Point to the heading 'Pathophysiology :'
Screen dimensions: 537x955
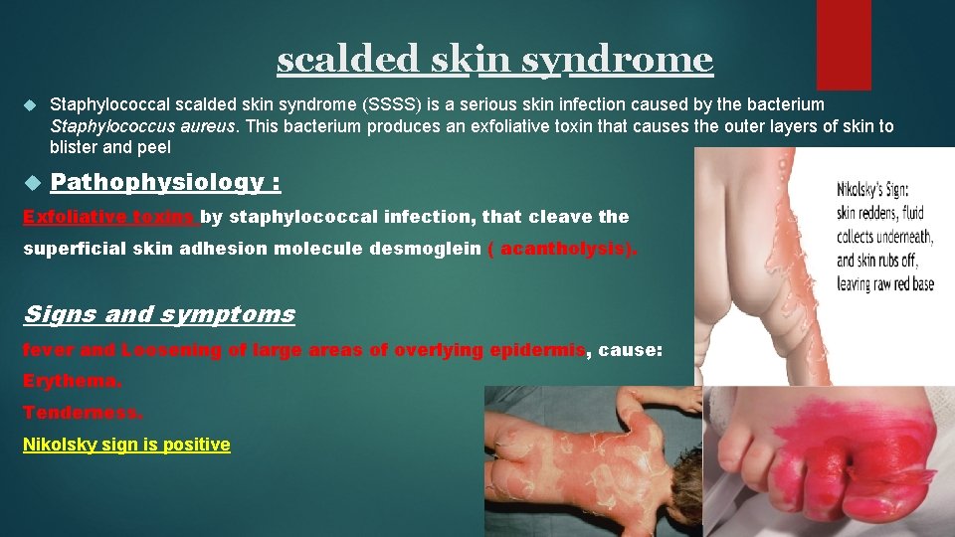click(x=165, y=182)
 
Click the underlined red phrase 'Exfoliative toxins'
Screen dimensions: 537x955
click(x=109, y=217)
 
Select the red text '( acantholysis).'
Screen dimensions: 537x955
click(x=563, y=249)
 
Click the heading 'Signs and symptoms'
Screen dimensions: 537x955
click(x=159, y=315)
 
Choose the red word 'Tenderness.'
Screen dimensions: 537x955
click(x=83, y=413)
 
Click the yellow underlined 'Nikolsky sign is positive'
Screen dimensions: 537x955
click(x=126, y=446)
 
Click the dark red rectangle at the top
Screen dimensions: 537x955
click(x=843, y=45)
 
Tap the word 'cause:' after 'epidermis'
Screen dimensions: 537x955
click(x=630, y=350)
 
